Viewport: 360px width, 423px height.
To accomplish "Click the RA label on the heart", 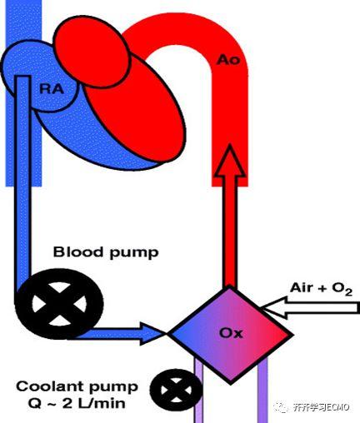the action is [52, 89].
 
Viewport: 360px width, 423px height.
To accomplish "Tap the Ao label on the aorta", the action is [228, 59].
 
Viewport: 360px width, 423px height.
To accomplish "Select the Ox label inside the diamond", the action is [231, 333].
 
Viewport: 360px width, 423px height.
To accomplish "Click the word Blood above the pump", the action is [78, 251].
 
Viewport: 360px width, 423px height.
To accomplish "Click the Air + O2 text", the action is [322, 289].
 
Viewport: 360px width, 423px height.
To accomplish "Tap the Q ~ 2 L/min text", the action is [77, 403].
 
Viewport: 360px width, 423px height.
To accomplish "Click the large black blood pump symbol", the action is [59, 304].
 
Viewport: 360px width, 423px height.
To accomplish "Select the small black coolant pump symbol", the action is [176, 390].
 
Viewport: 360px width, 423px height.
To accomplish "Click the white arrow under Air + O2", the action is [310, 308].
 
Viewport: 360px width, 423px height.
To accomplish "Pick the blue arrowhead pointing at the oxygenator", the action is [152, 334].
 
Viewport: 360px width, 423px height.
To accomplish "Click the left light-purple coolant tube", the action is [198, 391].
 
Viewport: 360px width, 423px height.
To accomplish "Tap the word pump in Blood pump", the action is [134, 253].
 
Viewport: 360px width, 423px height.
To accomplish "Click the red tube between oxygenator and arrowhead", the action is [230, 232].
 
